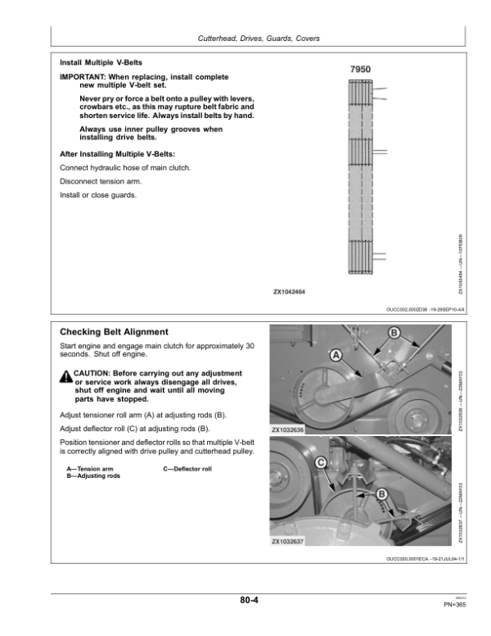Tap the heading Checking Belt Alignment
(115, 332)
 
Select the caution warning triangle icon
(65, 376)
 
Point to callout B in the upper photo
(394, 333)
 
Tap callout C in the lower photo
(321, 463)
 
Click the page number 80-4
(250, 600)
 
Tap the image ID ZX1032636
(287, 429)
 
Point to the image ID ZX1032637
(287, 542)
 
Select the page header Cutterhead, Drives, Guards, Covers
(259, 39)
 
